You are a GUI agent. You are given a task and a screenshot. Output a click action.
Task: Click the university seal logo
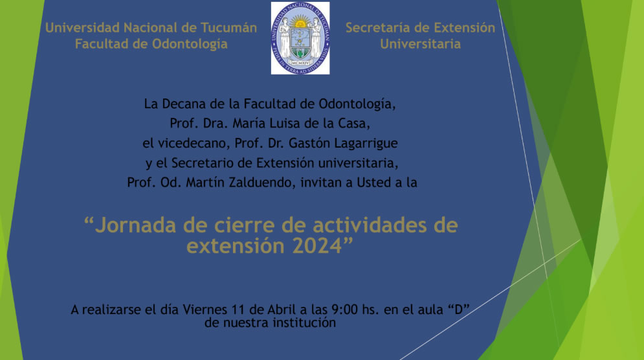(x=300, y=38)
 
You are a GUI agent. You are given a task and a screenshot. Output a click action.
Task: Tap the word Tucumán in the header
(x=228, y=28)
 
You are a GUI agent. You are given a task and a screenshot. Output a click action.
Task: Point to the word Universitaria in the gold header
(x=420, y=44)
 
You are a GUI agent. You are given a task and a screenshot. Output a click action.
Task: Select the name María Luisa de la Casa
(x=301, y=123)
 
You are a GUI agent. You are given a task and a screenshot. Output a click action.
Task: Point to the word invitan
(x=320, y=183)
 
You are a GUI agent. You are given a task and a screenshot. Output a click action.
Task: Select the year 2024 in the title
(x=318, y=246)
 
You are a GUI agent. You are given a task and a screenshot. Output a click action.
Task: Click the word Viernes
(x=205, y=309)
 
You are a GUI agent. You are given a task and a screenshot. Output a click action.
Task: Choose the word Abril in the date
(x=282, y=309)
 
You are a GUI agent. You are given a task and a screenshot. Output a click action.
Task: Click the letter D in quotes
(x=458, y=309)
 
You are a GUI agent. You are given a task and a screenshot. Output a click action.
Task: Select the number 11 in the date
(x=238, y=309)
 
